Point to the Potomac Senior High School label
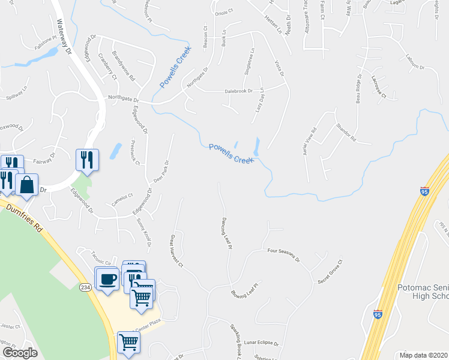[x=422, y=292]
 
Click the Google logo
[x=20, y=353]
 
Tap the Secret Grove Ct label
[x=330, y=272]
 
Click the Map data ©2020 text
[x=423, y=355]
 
